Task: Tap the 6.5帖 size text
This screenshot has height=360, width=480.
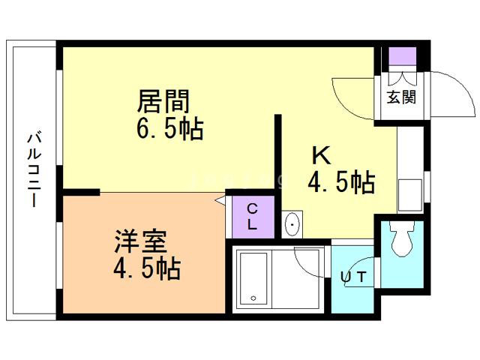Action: (169, 128)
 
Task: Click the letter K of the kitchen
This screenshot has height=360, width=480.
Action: (321, 155)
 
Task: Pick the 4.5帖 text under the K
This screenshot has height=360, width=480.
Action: (341, 181)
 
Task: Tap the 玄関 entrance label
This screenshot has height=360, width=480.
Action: (401, 97)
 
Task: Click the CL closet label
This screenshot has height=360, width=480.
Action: (252, 215)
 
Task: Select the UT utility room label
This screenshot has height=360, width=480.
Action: (355, 277)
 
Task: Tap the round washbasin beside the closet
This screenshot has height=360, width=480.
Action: (292, 224)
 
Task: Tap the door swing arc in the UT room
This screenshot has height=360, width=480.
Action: (311, 262)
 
